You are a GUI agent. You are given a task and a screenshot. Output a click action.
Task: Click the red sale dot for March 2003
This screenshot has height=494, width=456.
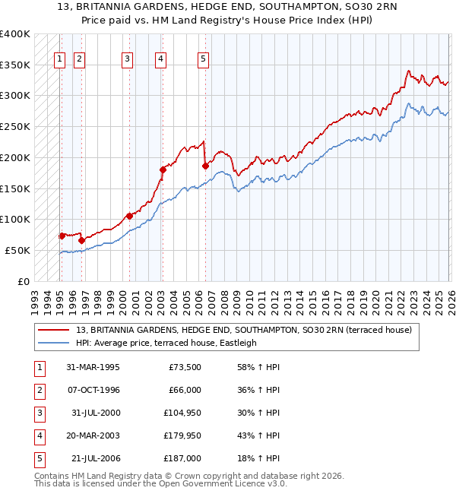[x=162, y=169]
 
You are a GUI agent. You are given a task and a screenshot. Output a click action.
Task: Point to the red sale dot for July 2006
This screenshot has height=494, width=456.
[x=204, y=165]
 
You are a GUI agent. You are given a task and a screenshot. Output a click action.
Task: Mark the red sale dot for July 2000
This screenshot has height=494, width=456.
[x=129, y=216]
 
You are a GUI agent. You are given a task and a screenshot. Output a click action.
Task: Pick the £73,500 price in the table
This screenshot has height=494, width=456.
[x=183, y=367]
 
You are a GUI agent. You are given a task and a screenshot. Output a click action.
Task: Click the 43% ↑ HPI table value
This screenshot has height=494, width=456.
[x=259, y=435]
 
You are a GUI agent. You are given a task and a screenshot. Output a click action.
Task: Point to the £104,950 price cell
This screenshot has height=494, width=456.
[x=180, y=413]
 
